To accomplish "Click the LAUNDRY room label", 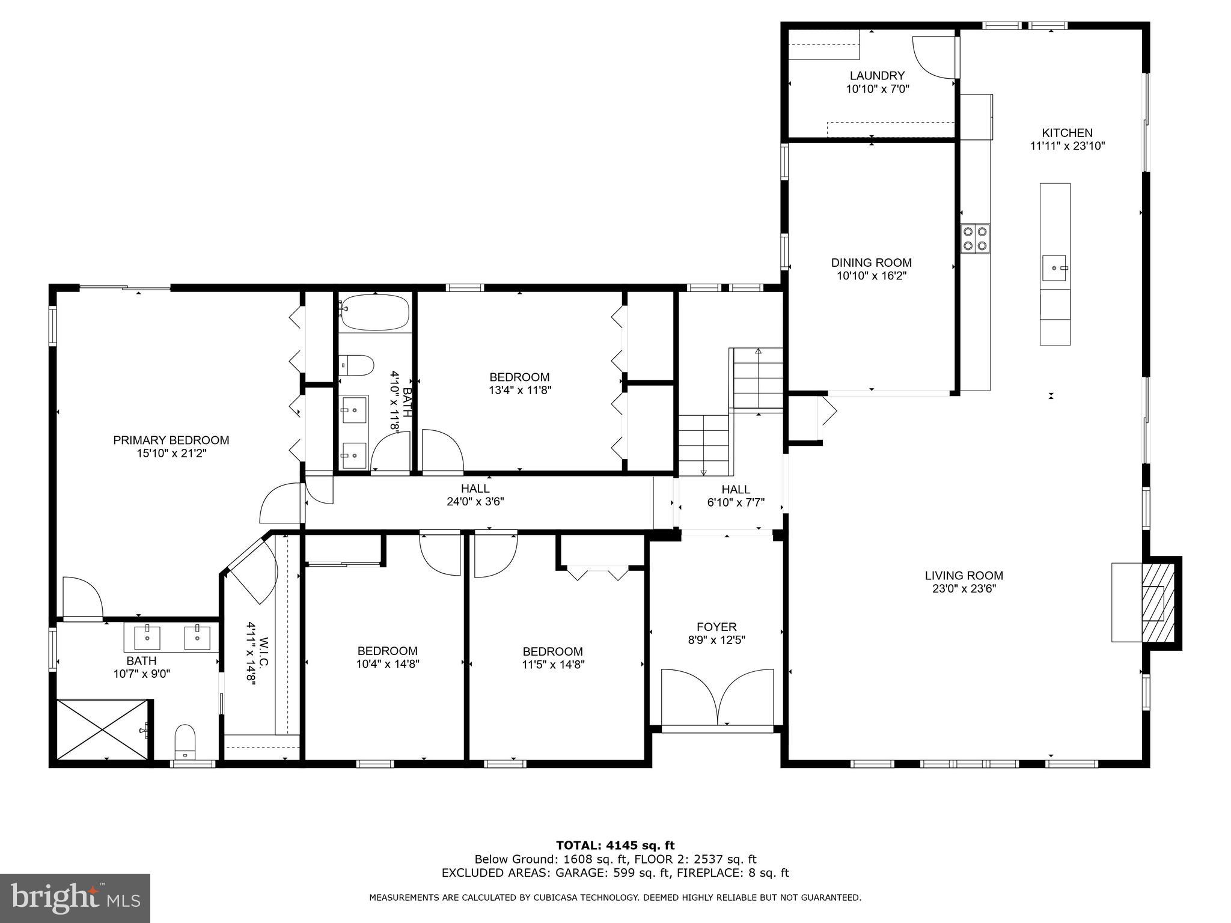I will [877, 76].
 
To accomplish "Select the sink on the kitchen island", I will [1054, 267].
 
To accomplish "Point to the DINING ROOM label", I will [871, 263].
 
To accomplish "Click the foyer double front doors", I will [717, 697].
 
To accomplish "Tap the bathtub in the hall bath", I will [374, 312].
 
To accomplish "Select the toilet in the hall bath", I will [356, 364].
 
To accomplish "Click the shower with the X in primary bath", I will [103, 729].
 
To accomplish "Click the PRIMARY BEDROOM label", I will [171, 440].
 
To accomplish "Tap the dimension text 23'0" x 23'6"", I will [964, 589].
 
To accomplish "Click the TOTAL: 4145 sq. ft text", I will [615, 846].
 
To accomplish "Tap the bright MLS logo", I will [75, 898].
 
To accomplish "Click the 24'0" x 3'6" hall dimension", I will [475, 502].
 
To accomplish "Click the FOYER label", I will [716, 627].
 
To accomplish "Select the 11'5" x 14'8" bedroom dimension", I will [553, 665].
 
